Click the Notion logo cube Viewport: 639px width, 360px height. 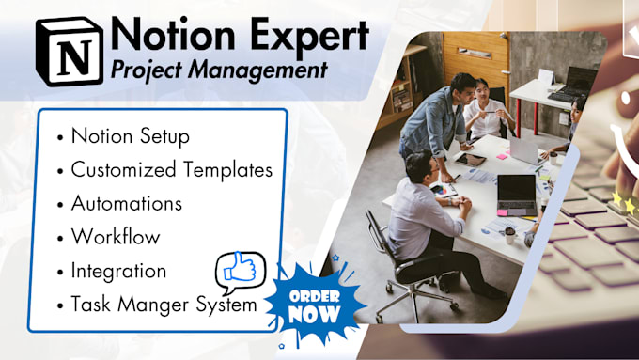(68, 53)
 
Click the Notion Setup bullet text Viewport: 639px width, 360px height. (129, 136)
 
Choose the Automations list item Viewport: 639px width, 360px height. (126, 203)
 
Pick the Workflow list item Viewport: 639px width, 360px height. (115, 237)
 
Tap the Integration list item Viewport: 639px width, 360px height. (118, 271)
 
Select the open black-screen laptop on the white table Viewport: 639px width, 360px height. (516, 194)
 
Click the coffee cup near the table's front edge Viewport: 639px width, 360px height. (510, 233)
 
